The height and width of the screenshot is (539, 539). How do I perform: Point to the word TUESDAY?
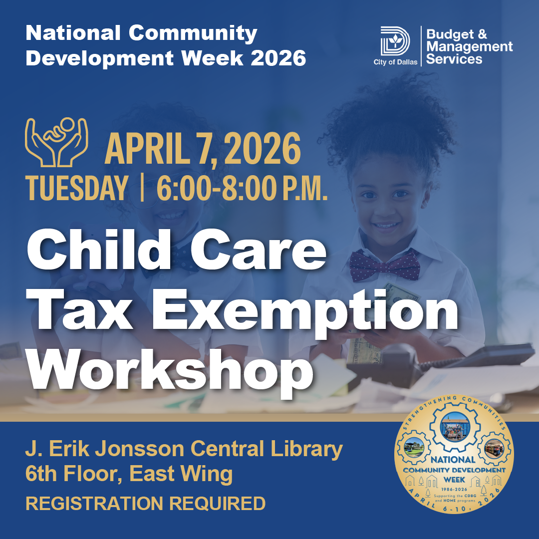77,189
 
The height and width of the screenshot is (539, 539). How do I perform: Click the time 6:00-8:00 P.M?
242,189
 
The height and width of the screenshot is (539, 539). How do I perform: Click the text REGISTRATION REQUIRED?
145,504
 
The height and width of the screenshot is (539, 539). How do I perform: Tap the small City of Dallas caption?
395,62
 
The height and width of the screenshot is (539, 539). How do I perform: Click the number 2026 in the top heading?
278,59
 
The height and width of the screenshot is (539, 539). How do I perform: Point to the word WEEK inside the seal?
454,479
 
